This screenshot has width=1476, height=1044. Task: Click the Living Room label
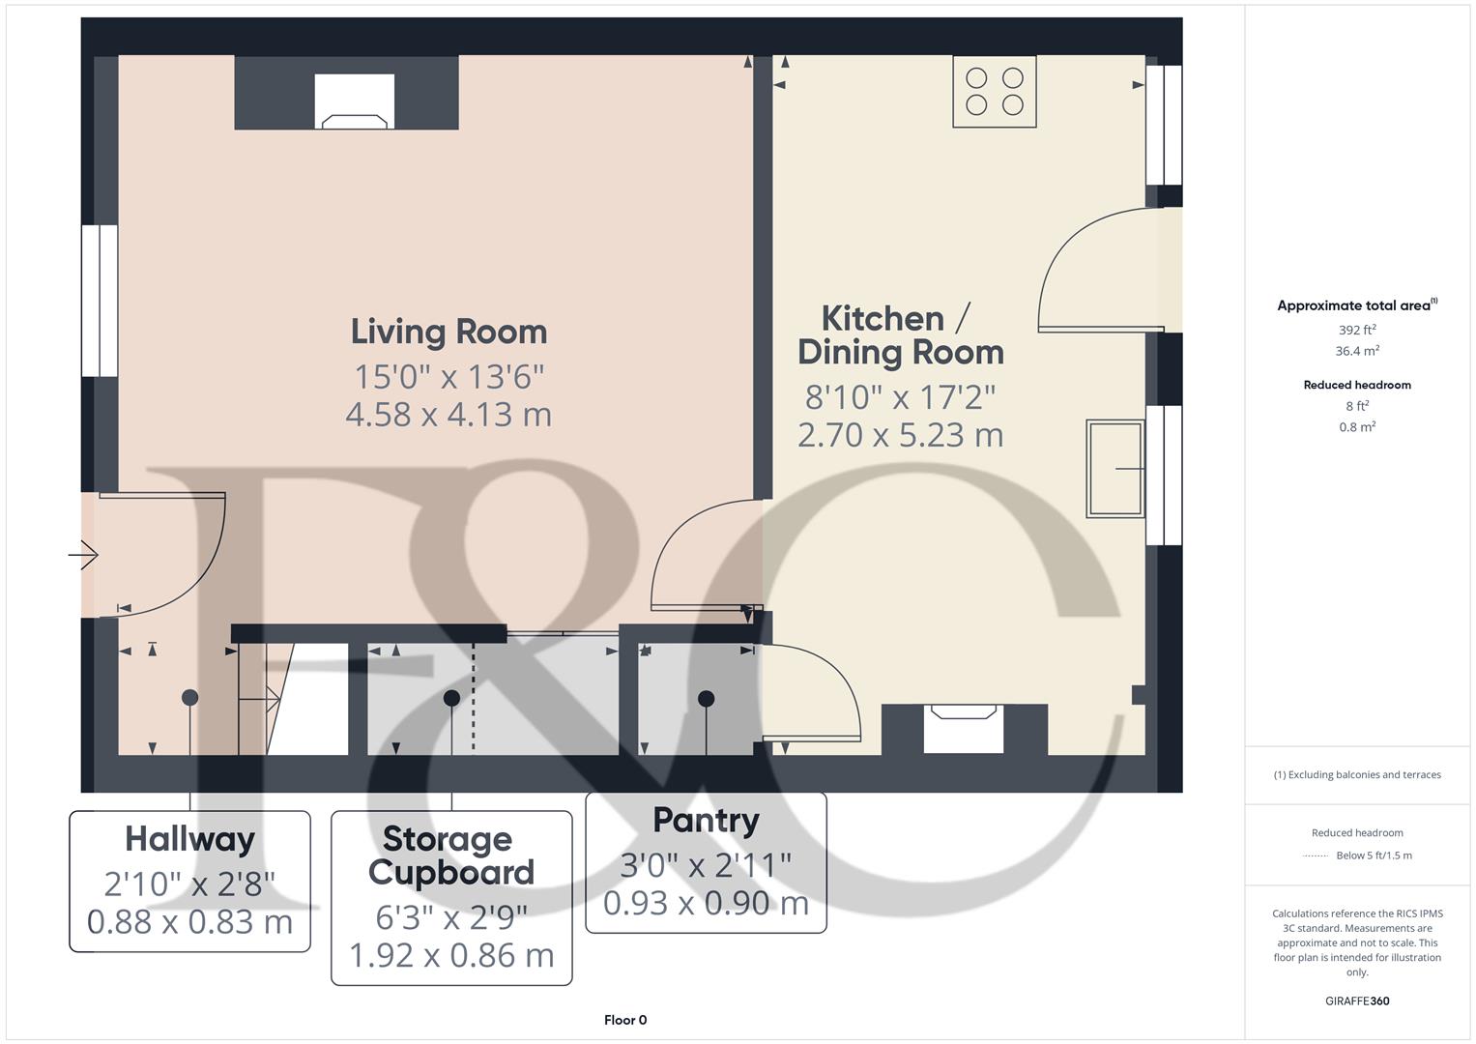[x=449, y=332]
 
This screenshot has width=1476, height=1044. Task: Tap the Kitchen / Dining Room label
[x=901, y=335]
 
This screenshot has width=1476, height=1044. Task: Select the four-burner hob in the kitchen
[x=995, y=92]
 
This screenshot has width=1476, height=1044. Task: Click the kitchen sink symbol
[x=1114, y=469]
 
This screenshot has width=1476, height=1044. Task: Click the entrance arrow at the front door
[x=83, y=554]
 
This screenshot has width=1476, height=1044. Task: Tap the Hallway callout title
[x=189, y=840]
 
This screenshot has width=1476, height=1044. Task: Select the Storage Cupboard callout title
[x=450, y=855]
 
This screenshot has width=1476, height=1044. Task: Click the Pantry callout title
[x=706, y=821]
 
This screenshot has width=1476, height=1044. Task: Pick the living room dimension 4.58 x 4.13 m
[x=449, y=415]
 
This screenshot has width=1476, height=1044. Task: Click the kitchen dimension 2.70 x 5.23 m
[x=901, y=436]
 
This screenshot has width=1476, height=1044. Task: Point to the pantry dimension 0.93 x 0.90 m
[x=706, y=903]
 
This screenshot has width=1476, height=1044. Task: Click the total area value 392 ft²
[x=1357, y=330]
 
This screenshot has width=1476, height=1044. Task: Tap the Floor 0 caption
[x=625, y=1020]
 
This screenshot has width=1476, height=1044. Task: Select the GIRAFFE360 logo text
[x=1357, y=1001]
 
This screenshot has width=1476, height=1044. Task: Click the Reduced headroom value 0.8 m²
[x=1357, y=426]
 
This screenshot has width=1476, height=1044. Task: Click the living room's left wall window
[x=100, y=302]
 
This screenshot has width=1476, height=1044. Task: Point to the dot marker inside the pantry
[x=706, y=698]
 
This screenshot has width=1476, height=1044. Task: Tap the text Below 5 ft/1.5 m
[x=1374, y=855]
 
